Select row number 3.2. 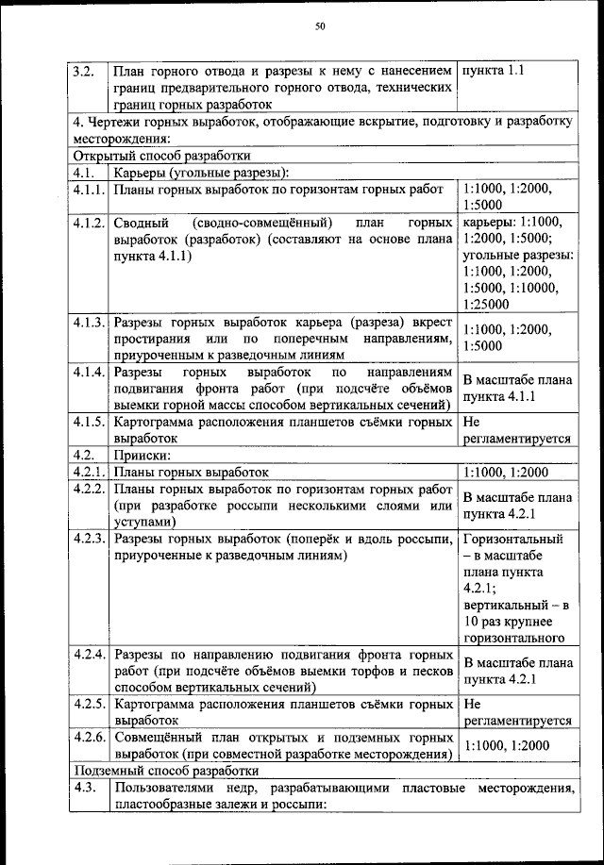coord(82,71)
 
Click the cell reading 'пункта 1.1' coord(492,71)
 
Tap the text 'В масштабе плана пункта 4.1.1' coord(517,389)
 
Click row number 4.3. coord(82,787)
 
